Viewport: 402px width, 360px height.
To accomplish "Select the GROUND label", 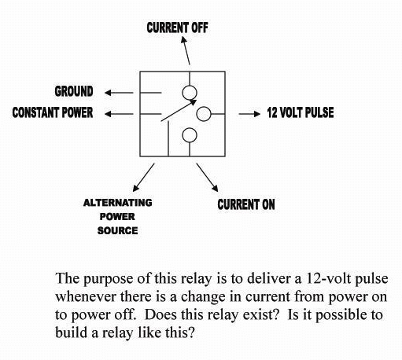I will [74, 91].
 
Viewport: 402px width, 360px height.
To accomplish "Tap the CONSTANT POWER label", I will [53, 113].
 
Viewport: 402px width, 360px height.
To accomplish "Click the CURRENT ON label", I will [246, 205].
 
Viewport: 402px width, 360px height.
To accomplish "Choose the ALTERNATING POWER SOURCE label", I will [117, 216].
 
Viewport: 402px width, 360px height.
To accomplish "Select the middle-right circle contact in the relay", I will [203, 114].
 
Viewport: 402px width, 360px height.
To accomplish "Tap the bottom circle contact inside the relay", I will [189, 136].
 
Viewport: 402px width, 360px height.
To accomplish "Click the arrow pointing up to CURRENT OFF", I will [183, 53].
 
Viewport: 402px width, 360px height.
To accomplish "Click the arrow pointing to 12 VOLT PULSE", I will [249, 114].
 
